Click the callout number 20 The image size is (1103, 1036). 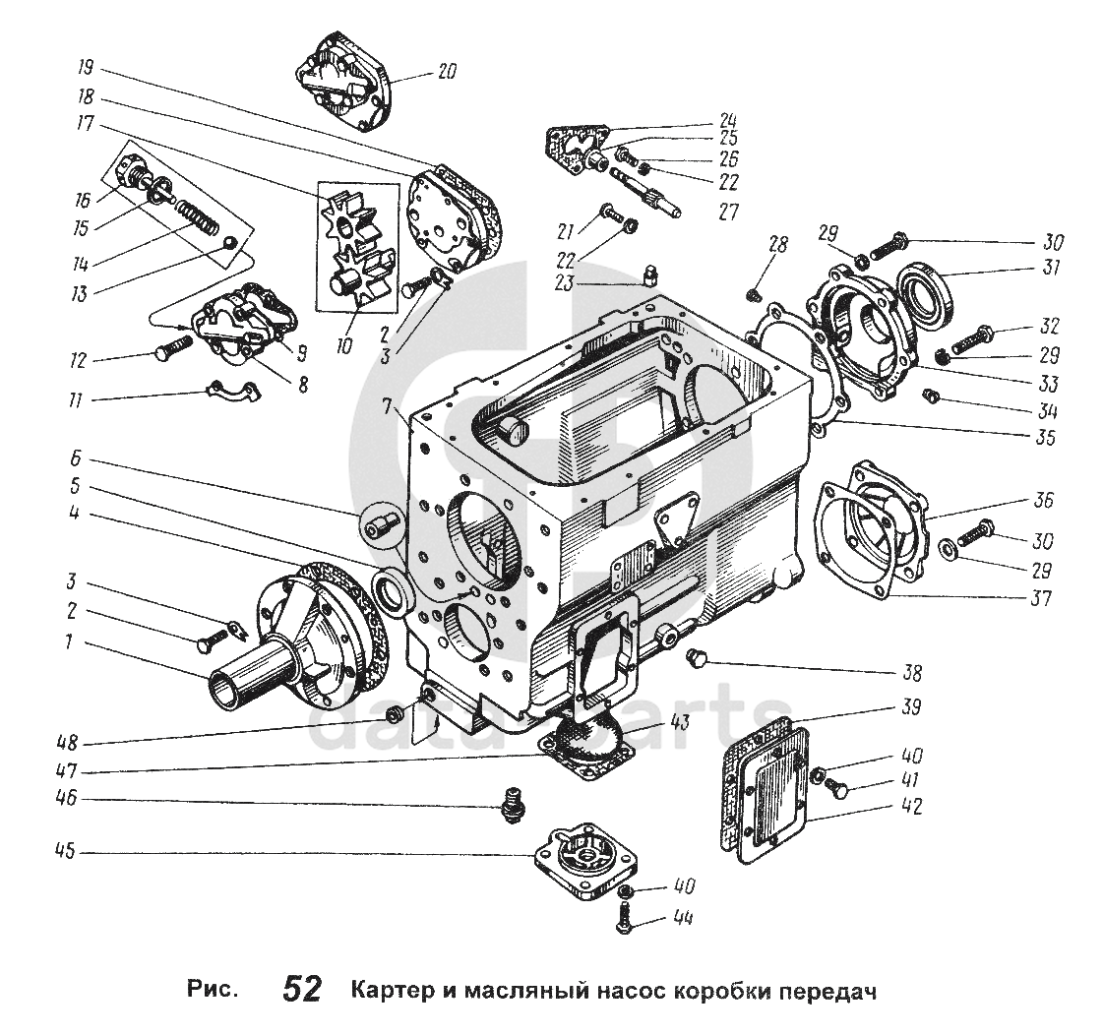(448, 71)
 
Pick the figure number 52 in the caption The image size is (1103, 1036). (301, 988)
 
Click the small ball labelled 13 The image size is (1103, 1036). (229, 243)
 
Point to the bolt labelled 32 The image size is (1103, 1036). (973, 337)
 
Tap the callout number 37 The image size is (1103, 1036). (1040, 596)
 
